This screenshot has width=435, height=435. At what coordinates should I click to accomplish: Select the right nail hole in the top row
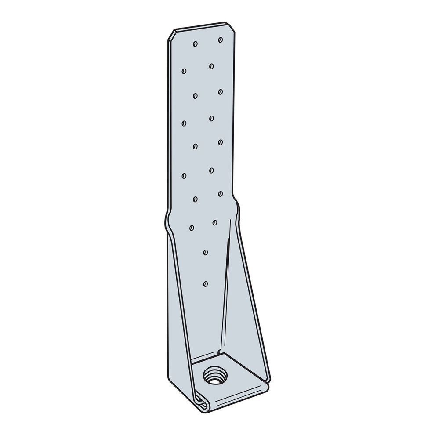(220, 40)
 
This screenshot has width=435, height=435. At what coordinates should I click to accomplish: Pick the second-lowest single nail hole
(205, 252)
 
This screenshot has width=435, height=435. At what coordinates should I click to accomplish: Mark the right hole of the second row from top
(211, 66)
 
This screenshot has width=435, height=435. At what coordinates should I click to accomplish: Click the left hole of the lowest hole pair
(192, 227)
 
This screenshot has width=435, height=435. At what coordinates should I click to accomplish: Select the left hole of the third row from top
(194, 94)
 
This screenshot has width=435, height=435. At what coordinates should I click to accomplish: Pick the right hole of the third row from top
(220, 91)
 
